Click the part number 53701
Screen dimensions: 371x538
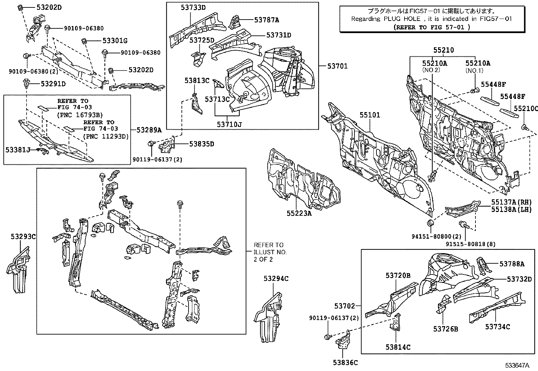point(337,66)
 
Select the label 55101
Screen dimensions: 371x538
point(369,115)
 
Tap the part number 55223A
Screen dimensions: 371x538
point(299,213)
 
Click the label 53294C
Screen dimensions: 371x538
point(276,279)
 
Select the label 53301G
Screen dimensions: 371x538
point(115,41)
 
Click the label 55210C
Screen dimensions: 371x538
point(525,108)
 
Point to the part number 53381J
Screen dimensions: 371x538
point(18,149)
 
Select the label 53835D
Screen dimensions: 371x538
point(201,144)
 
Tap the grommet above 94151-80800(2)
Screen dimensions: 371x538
point(430,223)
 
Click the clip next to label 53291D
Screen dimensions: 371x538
point(26,83)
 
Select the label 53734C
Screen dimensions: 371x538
point(497,327)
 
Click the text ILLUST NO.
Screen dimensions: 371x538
point(270,252)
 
